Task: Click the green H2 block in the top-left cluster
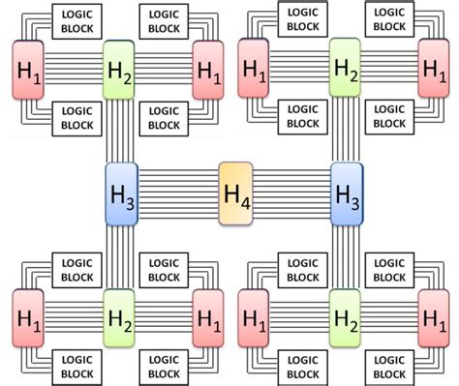(118, 69)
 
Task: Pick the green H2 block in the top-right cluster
(345, 69)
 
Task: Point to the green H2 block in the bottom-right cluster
(345, 317)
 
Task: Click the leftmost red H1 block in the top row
(27, 69)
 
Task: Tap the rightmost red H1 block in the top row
(434, 69)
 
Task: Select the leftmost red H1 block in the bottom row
(29, 317)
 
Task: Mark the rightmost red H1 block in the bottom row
(434, 317)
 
